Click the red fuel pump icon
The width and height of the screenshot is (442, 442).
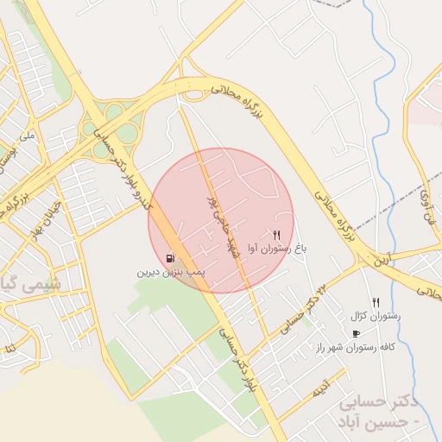170,258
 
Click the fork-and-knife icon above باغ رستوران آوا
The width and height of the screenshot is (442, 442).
276,235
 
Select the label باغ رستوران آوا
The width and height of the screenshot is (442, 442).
277,249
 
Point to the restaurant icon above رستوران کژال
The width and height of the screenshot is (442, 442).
376,302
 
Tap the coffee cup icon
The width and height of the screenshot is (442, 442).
356,333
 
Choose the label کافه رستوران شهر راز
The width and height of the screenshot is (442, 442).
355,346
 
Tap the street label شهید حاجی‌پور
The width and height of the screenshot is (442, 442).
210,219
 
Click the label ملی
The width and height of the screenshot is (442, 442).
28,136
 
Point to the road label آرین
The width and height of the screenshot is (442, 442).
381,258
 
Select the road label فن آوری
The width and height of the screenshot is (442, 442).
426,208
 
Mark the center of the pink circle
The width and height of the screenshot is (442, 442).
221,220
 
